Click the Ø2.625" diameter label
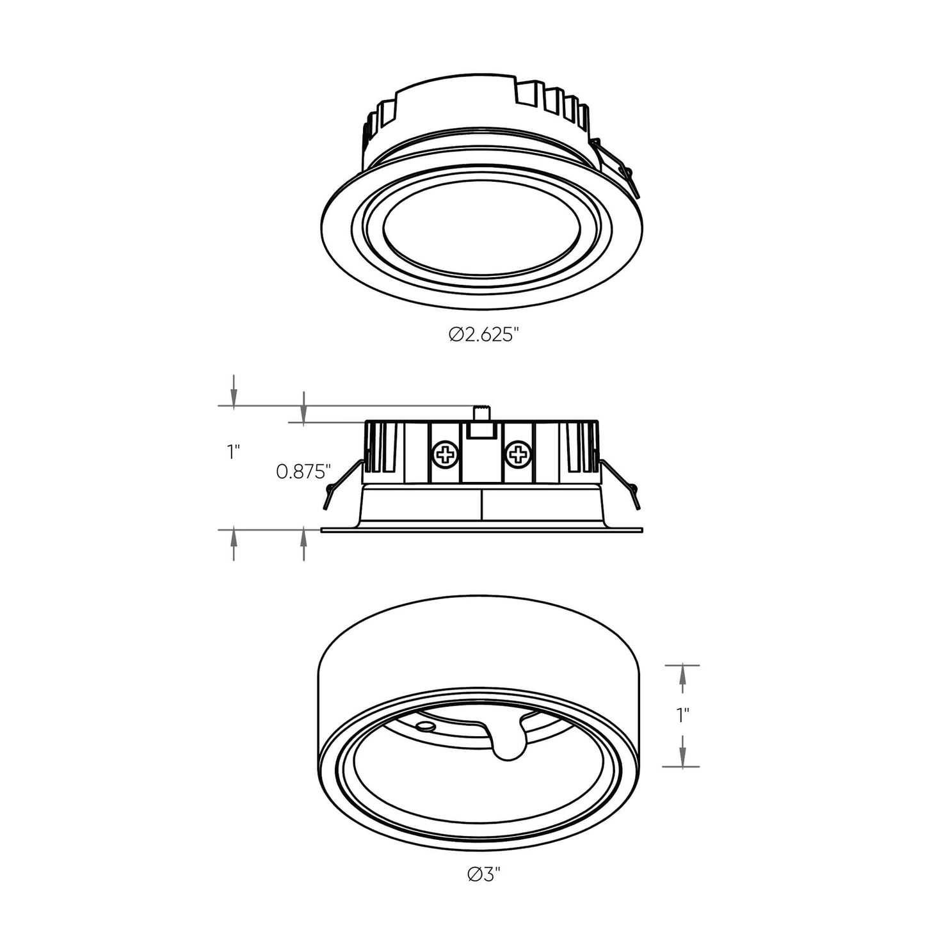(x=482, y=334)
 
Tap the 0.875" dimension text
(x=303, y=472)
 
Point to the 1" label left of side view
(x=233, y=452)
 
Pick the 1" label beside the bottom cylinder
(x=683, y=715)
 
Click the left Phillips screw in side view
(x=446, y=455)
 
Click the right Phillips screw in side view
(x=518, y=455)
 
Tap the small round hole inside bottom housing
(x=423, y=726)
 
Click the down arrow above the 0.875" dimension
(x=303, y=406)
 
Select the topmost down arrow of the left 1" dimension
(x=234, y=390)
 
